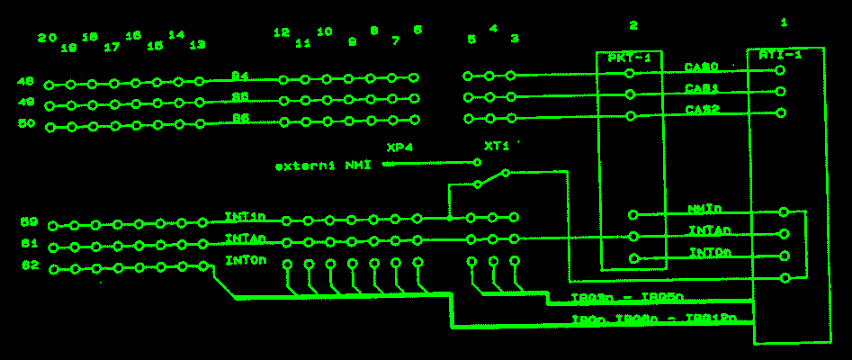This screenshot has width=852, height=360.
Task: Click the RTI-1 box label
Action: tap(780, 55)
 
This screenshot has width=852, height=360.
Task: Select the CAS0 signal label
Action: tap(701, 67)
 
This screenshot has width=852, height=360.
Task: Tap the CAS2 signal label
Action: tap(701, 110)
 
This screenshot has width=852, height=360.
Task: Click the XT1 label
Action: tap(497, 146)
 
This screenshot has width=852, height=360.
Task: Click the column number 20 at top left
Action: tap(48, 39)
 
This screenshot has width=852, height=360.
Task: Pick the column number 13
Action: tap(198, 44)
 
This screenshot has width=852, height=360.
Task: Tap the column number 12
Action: tap(282, 33)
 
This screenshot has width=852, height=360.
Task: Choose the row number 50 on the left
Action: tap(27, 123)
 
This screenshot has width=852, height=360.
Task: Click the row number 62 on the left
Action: tap(29, 265)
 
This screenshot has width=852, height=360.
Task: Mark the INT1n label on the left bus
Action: tap(245, 217)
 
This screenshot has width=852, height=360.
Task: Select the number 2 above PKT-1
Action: tap(632, 26)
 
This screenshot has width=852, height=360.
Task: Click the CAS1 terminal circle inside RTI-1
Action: tap(780, 91)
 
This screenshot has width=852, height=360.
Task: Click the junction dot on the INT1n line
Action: tap(449, 218)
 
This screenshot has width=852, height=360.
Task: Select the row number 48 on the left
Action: tap(27, 81)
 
